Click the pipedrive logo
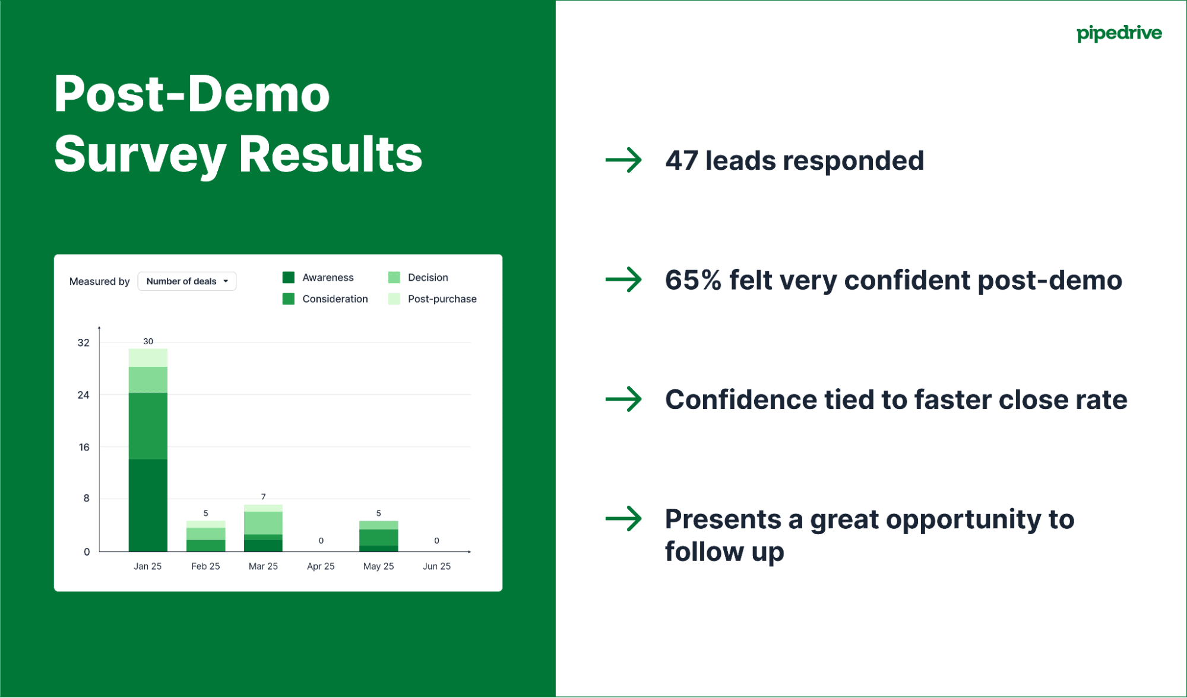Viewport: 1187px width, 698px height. pyautogui.click(x=1119, y=33)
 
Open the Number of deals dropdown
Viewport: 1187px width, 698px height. pyautogui.click(x=186, y=281)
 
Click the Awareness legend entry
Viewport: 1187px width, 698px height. pyautogui.click(x=318, y=277)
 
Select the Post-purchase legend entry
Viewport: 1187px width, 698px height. pyautogui.click(x=432, y=299)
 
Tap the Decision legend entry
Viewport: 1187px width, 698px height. pyautogui.click(x=418, y=277)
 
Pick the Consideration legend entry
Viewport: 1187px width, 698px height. pyautogui.click(x=325, y=299)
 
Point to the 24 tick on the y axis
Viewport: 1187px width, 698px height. pyautogui.click(x=83, y=395)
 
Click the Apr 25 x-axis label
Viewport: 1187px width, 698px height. pyautogui.click(x=321, y=566)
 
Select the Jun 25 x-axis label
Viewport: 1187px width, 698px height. pyautogui.click(x=436, y=566)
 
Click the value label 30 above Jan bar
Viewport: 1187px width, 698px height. pyautogui.click(x=148, y=341)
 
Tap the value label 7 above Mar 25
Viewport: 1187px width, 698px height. pyautogui.click(x=263, y=496)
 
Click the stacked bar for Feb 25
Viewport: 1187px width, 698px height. pyautogui.click(x=205, y=537)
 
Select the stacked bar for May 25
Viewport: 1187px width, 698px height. pyautogui.click(x=378, y=537)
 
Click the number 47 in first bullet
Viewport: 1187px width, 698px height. pyautogui.click(x=681, y=161)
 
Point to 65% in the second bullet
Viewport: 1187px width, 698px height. pyautogui.click(x=692, y=280)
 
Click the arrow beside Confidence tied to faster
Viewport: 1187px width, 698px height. pyautogui.click(x=623, y=399)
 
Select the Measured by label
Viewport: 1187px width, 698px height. pyautogui.click(x=99, y=281)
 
